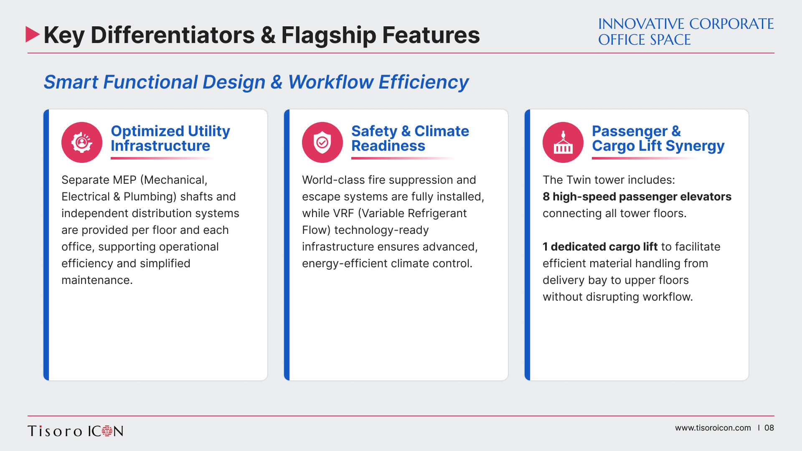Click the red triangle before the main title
pos(32,34)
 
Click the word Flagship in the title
pos(329,35)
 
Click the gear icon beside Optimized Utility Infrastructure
pos(82,142)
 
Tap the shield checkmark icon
pos(322,142)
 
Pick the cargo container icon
pos(563,142)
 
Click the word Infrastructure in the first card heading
pos(160,146)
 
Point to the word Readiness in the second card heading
pos(388,146)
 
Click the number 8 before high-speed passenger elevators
pos(546,197)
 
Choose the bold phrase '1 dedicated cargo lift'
pos(600,247)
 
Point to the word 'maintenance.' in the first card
pos(97,280)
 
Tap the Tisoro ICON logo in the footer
pos(76,431)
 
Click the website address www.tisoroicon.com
pos(713,428)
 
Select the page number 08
pos(769,428)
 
